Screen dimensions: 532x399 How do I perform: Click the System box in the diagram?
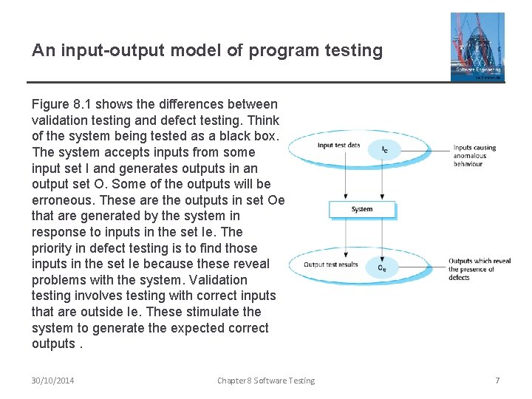tap(362, 209)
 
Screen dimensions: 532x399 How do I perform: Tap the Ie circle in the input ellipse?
tap(385, 149)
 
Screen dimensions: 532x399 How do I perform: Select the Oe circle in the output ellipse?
tap(381, 268)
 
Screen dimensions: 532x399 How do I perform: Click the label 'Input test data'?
tap(338, 145)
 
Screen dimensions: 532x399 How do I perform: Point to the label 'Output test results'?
tap(330, 265)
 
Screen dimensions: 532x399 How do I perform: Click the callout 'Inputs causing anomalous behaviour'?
tap(474, 155)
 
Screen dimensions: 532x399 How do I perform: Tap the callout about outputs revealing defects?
tap(479, 269)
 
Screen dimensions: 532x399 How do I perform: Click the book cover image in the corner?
tap(477, 47)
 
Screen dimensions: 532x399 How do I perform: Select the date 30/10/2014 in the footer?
tap(52, 381)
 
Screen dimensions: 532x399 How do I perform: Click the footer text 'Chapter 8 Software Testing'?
tap(266, 381)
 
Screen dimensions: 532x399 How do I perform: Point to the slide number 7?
tap(497, 381)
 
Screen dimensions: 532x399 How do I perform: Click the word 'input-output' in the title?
tap(108, 50)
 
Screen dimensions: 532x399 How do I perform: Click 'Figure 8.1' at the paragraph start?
tap(61, 104)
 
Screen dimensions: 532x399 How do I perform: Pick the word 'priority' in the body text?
tap(52, 248)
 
